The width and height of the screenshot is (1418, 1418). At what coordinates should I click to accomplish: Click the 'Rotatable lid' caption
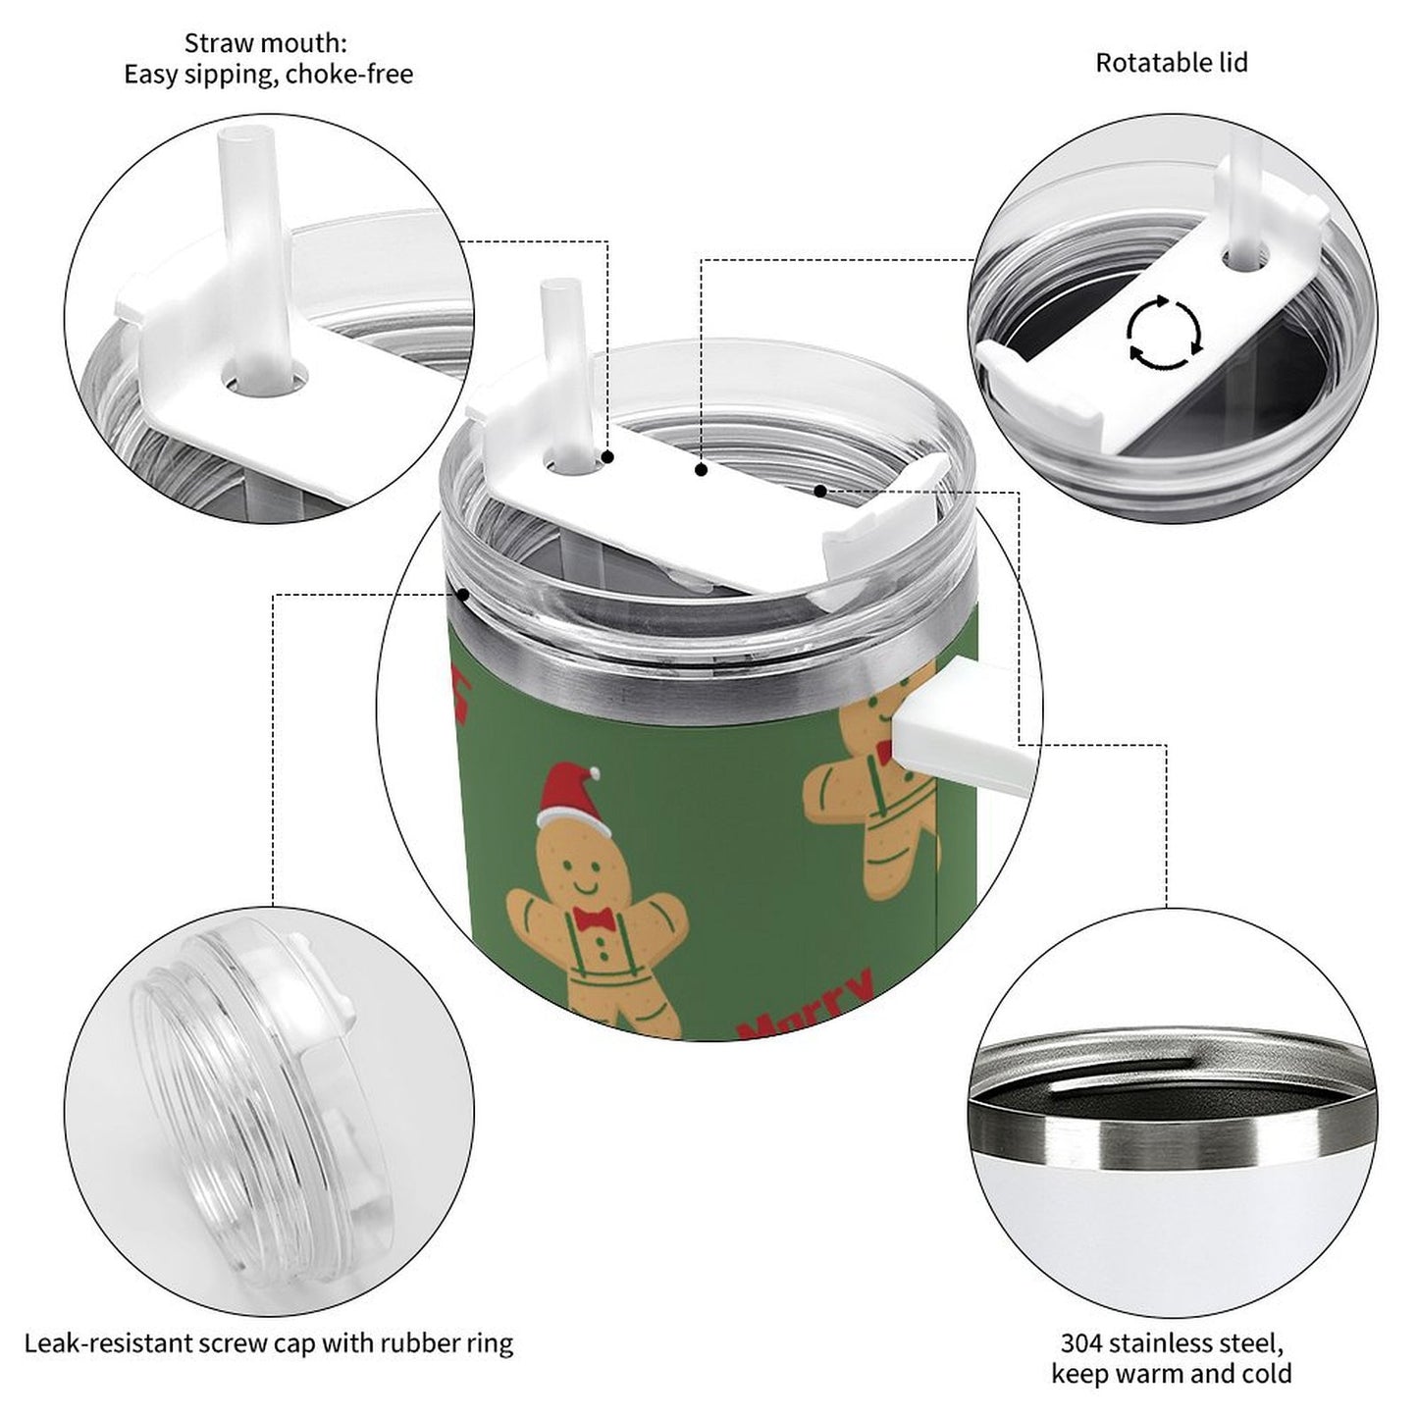pyautogui.click(x=1171, y=63)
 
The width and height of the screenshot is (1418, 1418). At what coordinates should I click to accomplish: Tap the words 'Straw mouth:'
pyautogui.click(x=265, y=43)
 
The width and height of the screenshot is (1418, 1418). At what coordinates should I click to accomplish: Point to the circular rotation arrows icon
pyautogui.click(x=1164, y=332)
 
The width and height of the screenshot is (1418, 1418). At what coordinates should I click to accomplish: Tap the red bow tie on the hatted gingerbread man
pyautogui.click(x=594, y=918)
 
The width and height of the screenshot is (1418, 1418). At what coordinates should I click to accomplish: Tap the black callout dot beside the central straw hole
pyautogui.click(x=607, y=457)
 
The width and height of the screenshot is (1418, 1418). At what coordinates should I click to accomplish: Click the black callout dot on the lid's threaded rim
pyautogui.click(x=463, y=594)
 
